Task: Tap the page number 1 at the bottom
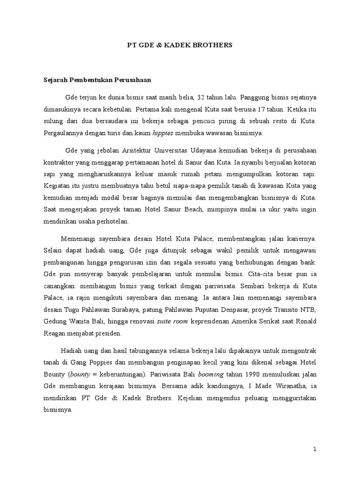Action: pyautogui.click(x=315, y=449)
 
